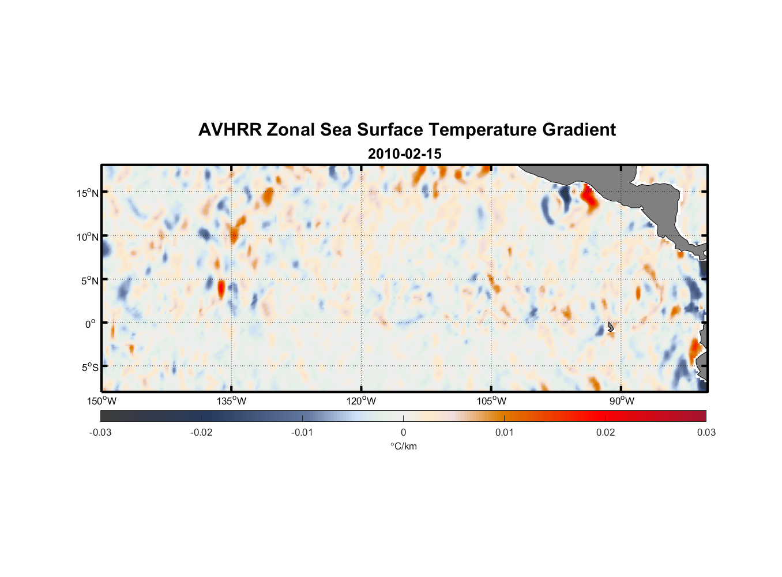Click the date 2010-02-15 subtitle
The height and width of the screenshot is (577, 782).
pyautogui.click(x=404, y=154)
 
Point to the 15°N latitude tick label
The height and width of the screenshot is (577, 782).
pyautogui.click(x=88, y=193)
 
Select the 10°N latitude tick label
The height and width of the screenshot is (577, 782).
pyautogui.click(x=88, y=237)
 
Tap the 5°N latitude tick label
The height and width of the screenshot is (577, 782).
pyautogui.click(x=89, y=280)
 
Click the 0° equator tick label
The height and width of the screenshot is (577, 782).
pyautogui.click(x=91, y=324)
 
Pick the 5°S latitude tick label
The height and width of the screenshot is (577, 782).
pyautogui.click(x=89, y=368)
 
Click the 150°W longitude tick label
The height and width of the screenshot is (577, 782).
pyautogui.click(x=101, y=401)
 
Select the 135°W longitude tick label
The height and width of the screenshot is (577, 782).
pyautogui.click(x=231, y=401)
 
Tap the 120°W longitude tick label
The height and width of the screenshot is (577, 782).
pyautogui.click(x=361, y=401)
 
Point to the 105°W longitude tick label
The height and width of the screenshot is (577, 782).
pyautogui.click(x=491, y=401)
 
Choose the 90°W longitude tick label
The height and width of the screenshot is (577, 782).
pyautogui.click(x=622, y=401)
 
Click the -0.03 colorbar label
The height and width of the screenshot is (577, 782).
pyautogui.click(x=100, y=432)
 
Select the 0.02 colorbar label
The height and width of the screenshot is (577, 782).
pyautogui.click(x=605, y=432)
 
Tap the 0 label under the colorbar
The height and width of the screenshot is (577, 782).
pyautogui.click(x=403, y=432)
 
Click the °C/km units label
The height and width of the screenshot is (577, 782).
pyautogui.click(x=403, y=446)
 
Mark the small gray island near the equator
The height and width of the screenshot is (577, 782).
pyautogui.click(x=610, y=327)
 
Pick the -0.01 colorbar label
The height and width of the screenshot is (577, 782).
pyautogui.click(x=302, y=432)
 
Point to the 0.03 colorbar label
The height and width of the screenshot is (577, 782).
pyautogui.click(x=706, y=432)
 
